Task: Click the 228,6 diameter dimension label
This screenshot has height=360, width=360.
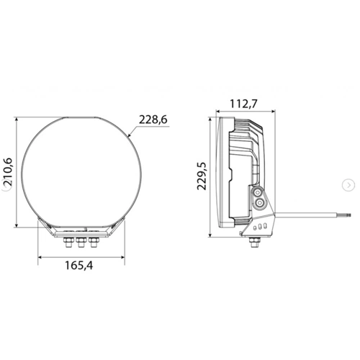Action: click(x=152, y=119)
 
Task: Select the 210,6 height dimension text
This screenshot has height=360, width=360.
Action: click(x=8, y=173)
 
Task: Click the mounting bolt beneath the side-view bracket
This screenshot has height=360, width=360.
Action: click(x=255, y=243)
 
